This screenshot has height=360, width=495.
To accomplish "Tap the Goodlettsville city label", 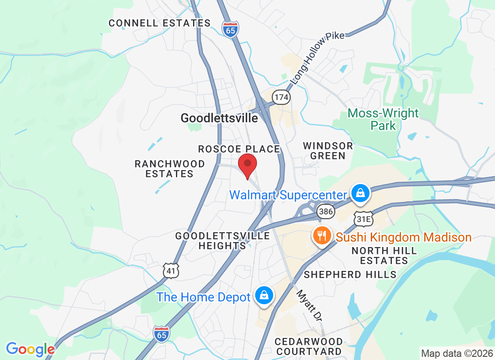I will [219, 118].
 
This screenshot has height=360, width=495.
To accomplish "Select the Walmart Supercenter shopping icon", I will [361, 194].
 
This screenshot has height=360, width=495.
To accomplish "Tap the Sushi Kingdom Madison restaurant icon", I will [322, 236].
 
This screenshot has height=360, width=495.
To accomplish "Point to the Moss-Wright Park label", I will [383, 119].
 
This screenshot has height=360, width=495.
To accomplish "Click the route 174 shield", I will [282, 97].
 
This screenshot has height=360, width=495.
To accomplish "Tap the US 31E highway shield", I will [363, 219].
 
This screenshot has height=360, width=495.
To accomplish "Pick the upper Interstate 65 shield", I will [230, 29].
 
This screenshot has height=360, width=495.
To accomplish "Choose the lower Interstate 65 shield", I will [162, 334].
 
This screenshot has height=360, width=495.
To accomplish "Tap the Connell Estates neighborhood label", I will [160, 23].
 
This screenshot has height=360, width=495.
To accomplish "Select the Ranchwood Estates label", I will [170, 169].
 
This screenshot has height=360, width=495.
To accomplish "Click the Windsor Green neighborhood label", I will [328, 151].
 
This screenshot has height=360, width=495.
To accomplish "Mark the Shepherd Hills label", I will [350, 274].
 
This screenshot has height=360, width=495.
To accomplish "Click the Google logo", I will [30, 349].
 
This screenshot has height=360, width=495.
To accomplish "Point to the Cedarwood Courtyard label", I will [309, 346].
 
